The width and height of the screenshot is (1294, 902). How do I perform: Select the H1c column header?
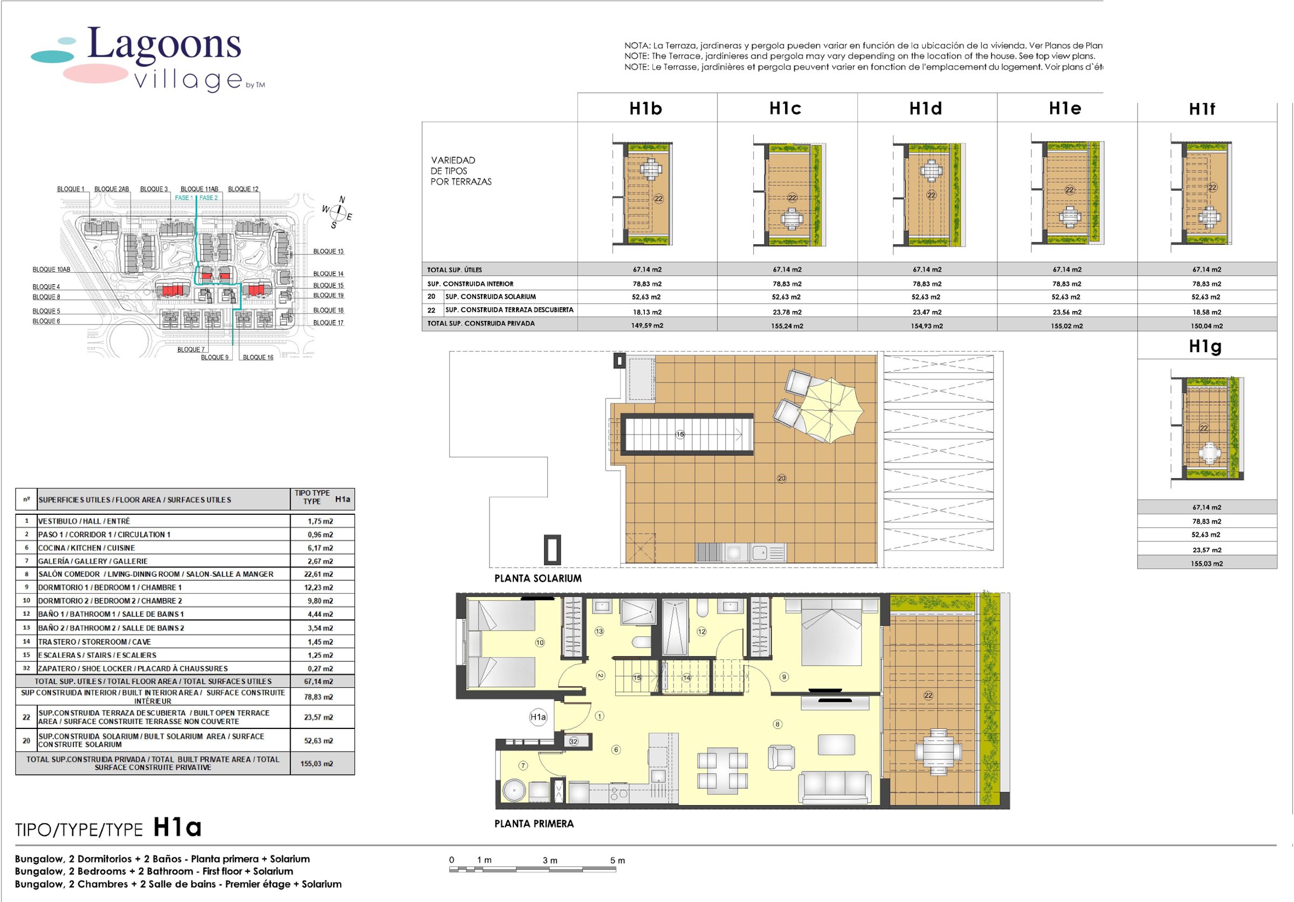coord(785,108)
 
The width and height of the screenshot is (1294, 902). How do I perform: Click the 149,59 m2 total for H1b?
coord(646,326)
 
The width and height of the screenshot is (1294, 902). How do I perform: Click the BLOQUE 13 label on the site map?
coord(328,251)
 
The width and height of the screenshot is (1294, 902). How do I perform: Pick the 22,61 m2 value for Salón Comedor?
coord(320,574)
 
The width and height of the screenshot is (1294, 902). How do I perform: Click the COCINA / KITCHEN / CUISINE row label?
coord(86,548)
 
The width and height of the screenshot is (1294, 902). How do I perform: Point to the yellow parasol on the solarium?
coord(831,410)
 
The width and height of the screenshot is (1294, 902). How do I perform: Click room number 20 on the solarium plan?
coord(781,478)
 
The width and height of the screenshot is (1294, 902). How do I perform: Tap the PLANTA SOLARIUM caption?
coord(538,578)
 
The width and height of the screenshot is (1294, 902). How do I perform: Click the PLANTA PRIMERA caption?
coord(534,824)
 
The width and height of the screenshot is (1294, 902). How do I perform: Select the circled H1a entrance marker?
coord(538,717)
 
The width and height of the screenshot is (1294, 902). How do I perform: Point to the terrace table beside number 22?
coord(938,752)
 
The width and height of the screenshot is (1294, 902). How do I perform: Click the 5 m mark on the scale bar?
coord(617,860)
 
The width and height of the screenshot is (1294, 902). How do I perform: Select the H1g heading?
coord(1205,346)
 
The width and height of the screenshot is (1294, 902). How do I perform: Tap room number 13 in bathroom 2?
coord(599,631)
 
